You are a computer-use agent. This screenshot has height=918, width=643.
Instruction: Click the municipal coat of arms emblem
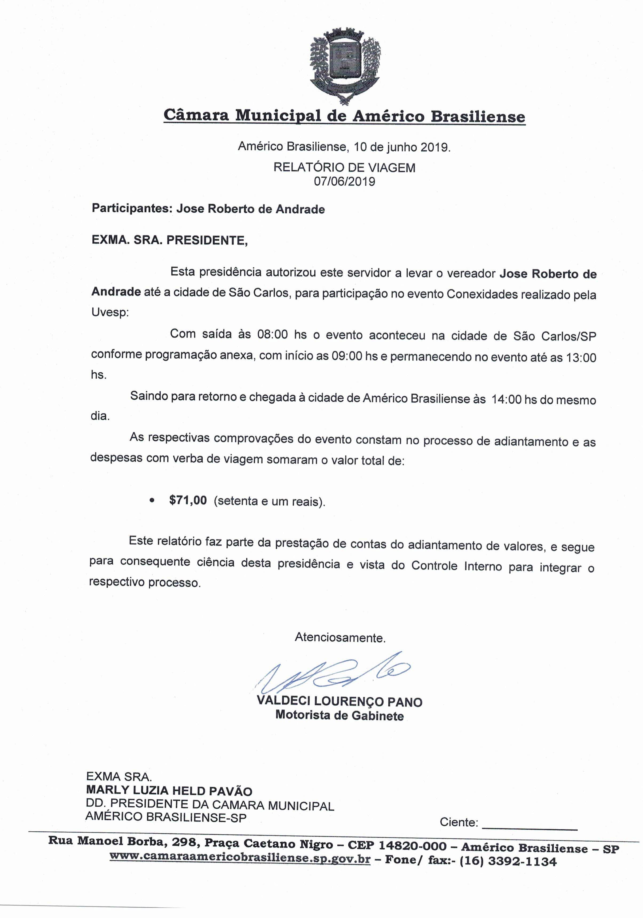coord(345,64)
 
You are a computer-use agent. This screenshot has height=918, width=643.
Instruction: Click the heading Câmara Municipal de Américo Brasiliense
coord(344,116)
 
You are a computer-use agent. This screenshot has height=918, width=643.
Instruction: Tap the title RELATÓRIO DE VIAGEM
coord(344,167)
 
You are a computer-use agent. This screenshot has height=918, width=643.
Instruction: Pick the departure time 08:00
coord(272,334)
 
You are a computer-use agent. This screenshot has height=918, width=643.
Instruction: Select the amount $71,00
coord(188,500)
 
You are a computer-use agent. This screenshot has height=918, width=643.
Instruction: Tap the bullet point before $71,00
coord(151,501)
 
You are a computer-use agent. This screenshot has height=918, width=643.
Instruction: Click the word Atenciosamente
coord(340,637)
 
